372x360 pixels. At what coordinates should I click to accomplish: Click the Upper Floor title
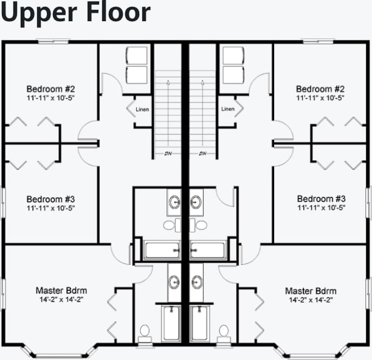(75, 13)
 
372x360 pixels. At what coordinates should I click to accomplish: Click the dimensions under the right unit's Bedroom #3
(321, 208)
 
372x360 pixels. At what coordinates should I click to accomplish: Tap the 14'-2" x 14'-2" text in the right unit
(311, 300)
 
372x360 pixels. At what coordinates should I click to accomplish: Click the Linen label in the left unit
(142, 109)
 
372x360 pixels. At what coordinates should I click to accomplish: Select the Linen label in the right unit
(228, 109)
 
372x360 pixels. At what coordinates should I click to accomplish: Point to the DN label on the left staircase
(168, 153)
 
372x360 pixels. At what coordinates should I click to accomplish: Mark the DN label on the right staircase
(203, 153)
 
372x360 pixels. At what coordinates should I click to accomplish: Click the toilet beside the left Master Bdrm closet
(145, 332)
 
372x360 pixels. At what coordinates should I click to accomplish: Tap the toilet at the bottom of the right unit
(224, 332)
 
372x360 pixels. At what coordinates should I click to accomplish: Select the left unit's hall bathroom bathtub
(162, 250)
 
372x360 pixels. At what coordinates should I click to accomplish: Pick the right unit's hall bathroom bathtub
(208, 250)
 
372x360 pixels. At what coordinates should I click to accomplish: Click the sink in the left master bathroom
(174, 282)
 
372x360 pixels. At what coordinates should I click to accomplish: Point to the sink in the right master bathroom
(197, 282)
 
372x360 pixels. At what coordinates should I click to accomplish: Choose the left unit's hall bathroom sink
(174, 202)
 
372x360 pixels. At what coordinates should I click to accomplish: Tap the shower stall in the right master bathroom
(199, 323)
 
